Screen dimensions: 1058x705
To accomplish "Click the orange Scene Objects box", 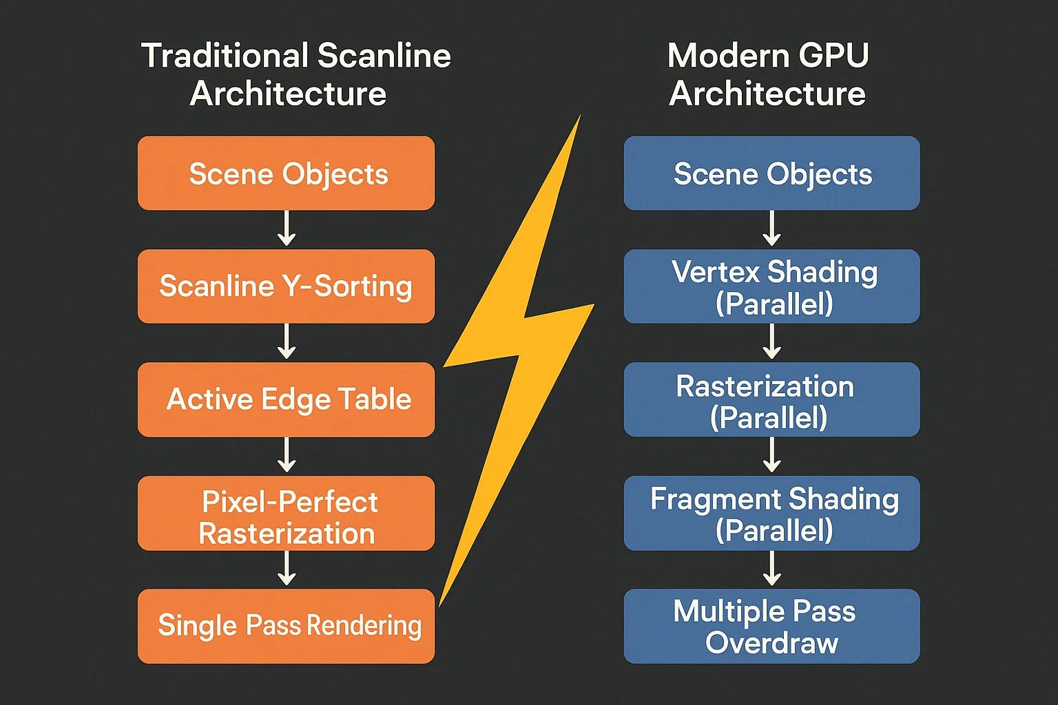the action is click(287, 173).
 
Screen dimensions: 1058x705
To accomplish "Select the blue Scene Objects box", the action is click(771, 173).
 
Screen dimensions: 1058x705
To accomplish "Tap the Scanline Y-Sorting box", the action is click(287, 286).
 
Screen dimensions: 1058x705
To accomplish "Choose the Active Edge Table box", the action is click(287, 399).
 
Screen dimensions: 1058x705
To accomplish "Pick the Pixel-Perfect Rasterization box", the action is click(287, 514).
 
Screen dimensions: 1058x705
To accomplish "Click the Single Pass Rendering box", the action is click(287, 626).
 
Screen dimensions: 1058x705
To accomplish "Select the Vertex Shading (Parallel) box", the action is click(771, 286).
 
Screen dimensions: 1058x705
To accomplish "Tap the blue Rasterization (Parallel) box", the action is click(771, 399).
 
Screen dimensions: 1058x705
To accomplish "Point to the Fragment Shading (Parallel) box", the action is click(771, 514).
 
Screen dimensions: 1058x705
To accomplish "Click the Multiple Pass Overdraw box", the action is click(771, 626).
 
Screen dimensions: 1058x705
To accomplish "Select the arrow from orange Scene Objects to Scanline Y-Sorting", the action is click(287, 229).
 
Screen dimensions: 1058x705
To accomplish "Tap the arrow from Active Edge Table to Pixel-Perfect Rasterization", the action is click(287, 454).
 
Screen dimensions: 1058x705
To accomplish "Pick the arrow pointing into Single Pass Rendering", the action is click(287, 569).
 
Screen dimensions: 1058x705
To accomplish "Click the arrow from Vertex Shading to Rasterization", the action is click(771, 341).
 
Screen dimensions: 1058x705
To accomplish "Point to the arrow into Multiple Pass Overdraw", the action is click(771, 569).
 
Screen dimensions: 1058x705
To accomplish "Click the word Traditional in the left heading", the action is click(225, 56).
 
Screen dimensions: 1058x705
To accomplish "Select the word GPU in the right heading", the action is click(833, 56).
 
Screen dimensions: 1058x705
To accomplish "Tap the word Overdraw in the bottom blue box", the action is click(771, 642).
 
